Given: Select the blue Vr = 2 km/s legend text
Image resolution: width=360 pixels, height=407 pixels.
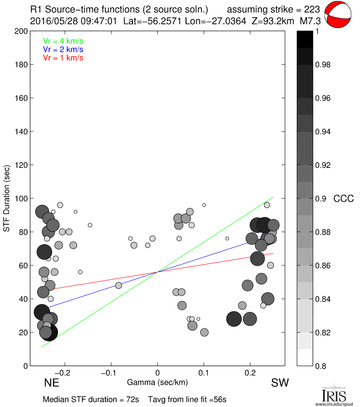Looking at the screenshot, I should click(63, 50).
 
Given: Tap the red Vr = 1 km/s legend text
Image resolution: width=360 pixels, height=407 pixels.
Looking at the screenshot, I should click(63, 58).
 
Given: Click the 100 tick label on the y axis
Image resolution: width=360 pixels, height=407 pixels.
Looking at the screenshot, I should click(22, 199).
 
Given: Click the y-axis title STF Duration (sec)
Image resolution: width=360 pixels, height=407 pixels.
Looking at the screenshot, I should click(7, 199).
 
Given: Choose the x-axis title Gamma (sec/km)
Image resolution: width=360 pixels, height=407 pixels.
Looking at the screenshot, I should click(157, 382).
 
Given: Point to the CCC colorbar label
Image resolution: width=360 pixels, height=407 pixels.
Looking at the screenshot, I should click(343, 199).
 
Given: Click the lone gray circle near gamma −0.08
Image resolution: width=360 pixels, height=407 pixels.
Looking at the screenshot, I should click(119, 285).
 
